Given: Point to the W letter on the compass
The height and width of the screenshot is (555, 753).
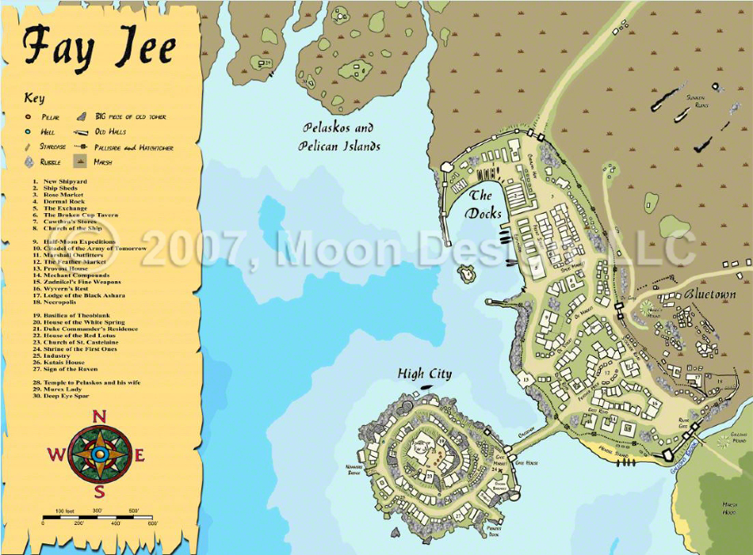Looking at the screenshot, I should click(x=56, y=454).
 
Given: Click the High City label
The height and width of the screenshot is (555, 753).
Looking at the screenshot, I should click(x=424, y=374).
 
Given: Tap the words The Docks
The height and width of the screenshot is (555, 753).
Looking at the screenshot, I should click(x=485, y=205).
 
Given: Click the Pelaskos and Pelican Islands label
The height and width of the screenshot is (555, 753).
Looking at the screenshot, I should click(x=339, y=137).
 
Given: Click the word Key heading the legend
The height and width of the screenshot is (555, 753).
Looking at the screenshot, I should click(x=34, y=98).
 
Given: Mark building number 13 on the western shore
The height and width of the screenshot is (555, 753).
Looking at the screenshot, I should click(x=526, y=379).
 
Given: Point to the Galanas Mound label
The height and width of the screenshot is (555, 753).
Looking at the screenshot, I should click(x=735, y=438).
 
